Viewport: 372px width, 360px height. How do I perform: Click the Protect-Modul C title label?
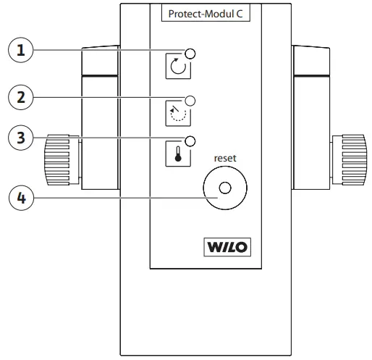tap(206, 14)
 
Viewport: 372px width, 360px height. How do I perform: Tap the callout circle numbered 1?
tap(21, 50)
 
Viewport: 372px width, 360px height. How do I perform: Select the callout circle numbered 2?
tap(21, 97)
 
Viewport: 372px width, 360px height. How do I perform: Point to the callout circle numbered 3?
tap(21, 138)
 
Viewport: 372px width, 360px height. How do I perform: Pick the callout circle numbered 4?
tap(21, 198)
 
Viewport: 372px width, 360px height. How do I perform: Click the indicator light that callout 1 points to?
tap(190, 54)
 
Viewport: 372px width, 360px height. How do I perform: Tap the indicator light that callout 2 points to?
tap(190, 101)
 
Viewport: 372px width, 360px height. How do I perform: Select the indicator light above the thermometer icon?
tap(190, 141)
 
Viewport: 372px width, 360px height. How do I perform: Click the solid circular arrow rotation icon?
tap(178, 66)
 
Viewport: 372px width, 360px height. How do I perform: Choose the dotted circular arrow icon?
tap(178, 114)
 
